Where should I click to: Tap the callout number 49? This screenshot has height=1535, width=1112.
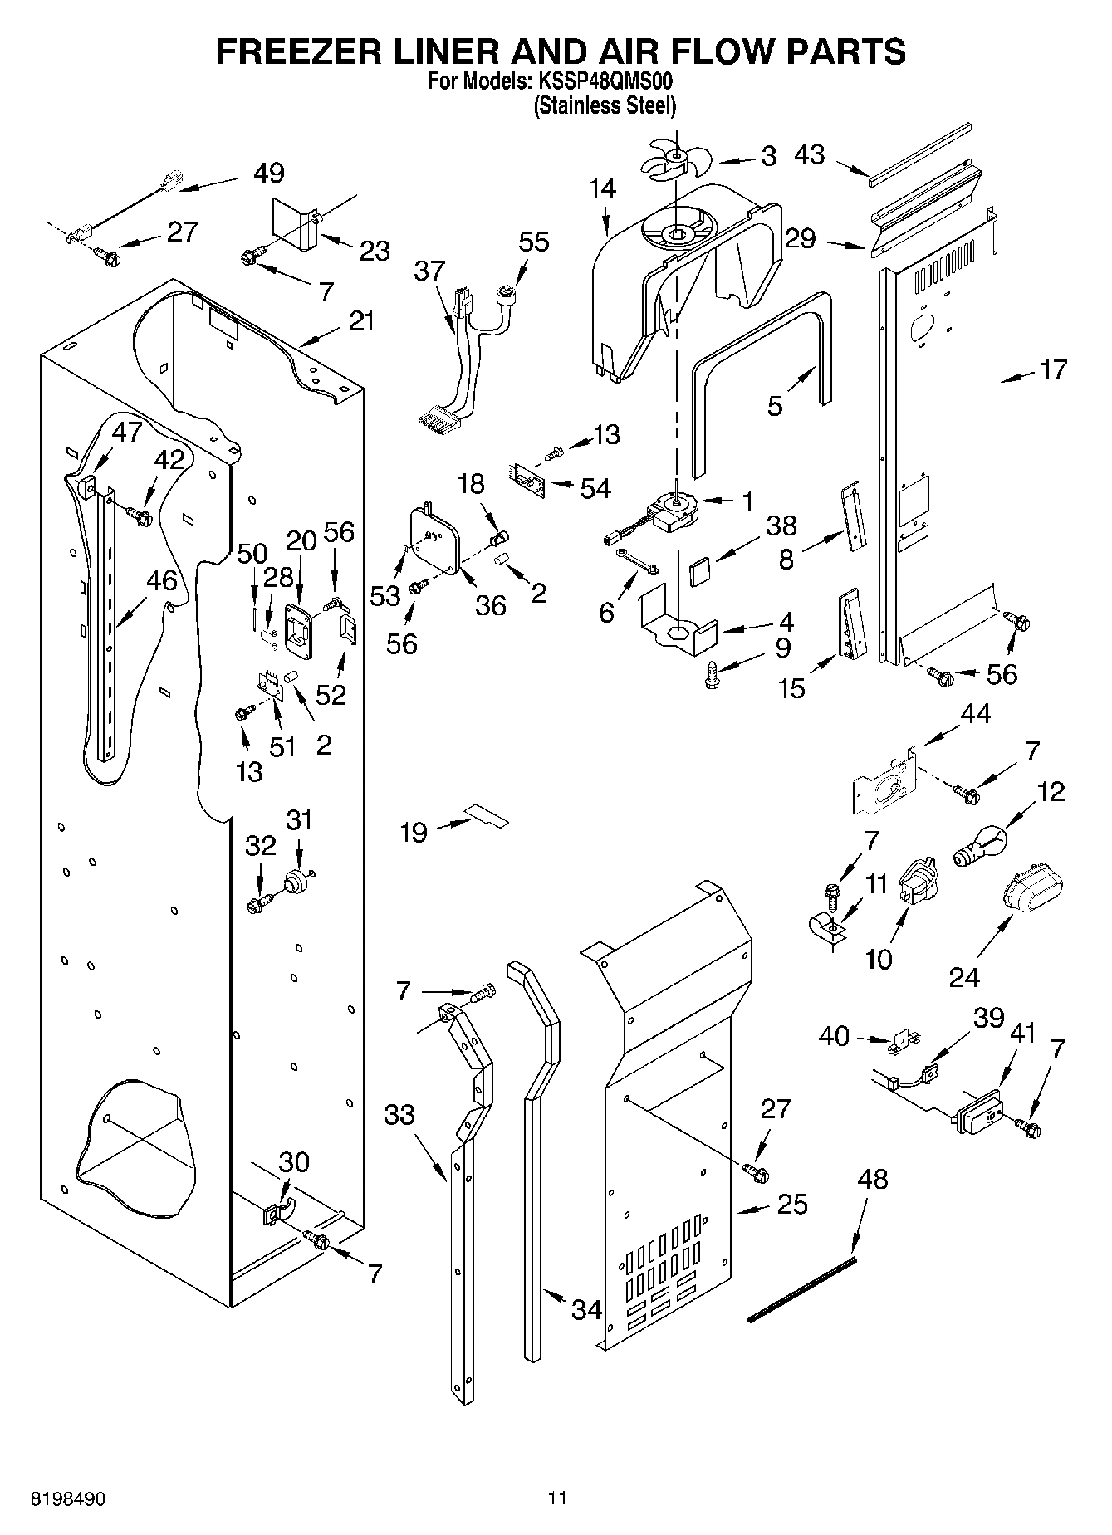click(268, 173)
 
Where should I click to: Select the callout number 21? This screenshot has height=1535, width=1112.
click(361, 320)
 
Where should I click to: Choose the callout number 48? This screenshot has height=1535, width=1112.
click(873, 1178)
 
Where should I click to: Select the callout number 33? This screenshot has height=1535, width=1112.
click(399, 1114)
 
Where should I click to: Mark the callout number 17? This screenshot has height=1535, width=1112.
click(1053, 369)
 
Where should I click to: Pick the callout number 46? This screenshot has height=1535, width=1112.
click(162, 580)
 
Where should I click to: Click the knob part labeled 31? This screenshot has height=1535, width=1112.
click(296, 881)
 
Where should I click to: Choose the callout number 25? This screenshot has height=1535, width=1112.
click(792, 1204)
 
